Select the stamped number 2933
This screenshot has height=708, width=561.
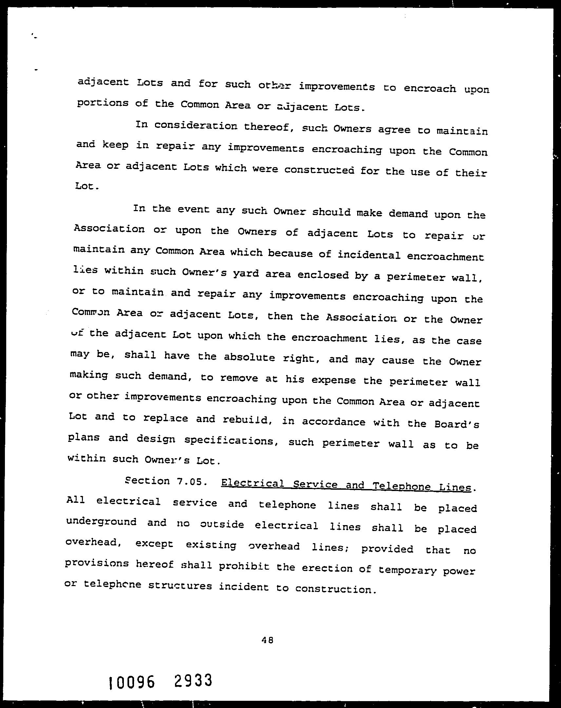point(193,680)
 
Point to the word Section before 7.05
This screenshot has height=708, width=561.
point(147,481)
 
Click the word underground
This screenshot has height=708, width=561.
point(102,522)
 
